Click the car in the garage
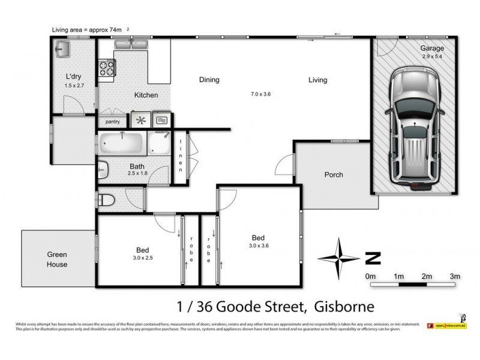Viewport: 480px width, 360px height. (x=413, y=125)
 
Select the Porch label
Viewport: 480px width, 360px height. (x=334, y=175)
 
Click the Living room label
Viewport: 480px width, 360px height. (x=318, y=80)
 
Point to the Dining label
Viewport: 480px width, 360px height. (x=209, y=80)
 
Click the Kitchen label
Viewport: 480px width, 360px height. (x=146, y=95)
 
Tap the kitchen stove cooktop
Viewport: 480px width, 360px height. (x=107, y=68)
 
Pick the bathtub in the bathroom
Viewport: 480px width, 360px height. (x=122, y=144)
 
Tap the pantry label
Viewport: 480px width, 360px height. (x=113, y=122)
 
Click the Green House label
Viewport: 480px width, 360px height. (x=58, y=259)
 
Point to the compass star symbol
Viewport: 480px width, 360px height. (x=339, y=259)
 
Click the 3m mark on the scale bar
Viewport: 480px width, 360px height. (x=455, y=276)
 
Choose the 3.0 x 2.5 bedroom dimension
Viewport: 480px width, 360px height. (x=142, y=258)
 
